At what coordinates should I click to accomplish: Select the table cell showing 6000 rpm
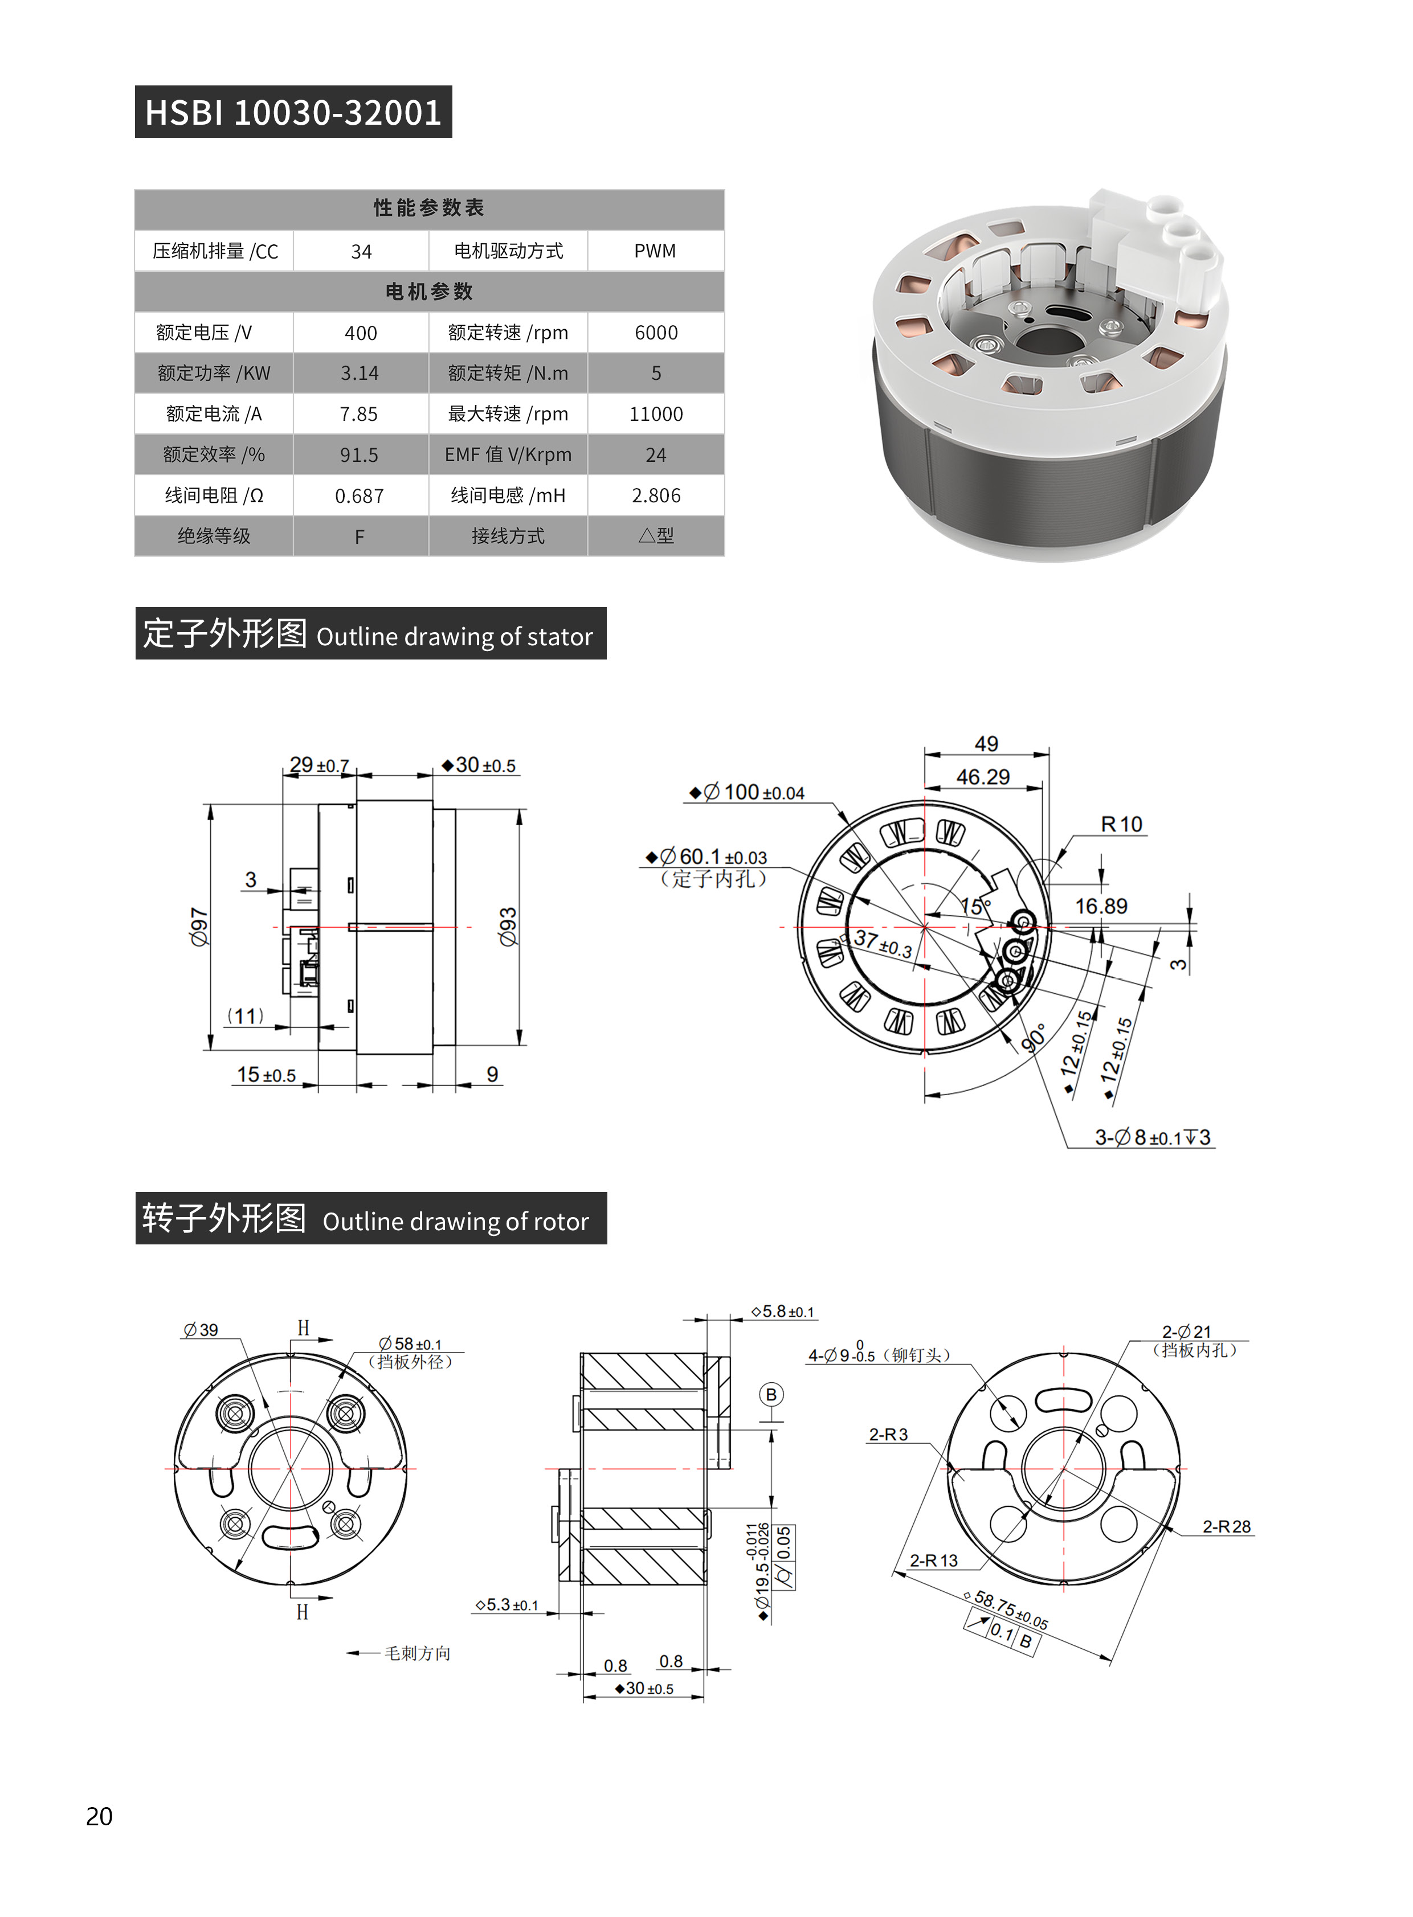[x=656, y=333]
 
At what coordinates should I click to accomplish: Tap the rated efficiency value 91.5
[x=360, y=455]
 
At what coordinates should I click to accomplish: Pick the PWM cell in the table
[x=655, y=251]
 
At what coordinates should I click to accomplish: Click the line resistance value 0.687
[x=360, y=496]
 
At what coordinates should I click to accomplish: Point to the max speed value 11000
[x=656, y=414]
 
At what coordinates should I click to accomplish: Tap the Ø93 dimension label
[x=508, y=927]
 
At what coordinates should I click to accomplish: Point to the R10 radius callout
[x=1121, y=824]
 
